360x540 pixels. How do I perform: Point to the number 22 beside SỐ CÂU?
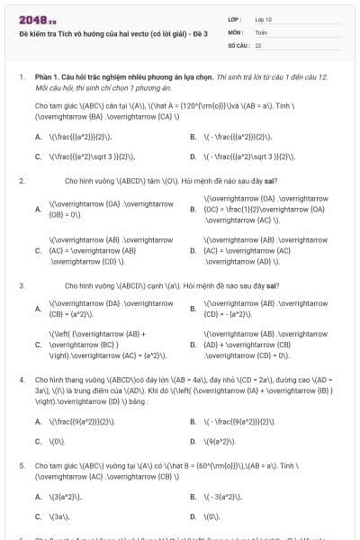[x=258, y=44]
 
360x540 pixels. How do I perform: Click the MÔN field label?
[x=236, y=31]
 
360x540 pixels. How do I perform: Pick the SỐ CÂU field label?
[x=238, y=44]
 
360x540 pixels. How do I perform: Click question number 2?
[x=22, y=181]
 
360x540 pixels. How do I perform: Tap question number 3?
[x=22, y=285]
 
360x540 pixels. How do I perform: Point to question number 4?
[x=22, y=380]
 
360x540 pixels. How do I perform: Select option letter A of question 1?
[x=38, y=138]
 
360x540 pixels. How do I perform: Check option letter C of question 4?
[x=38, y=441]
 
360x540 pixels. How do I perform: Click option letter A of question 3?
[x=38, y=309]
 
